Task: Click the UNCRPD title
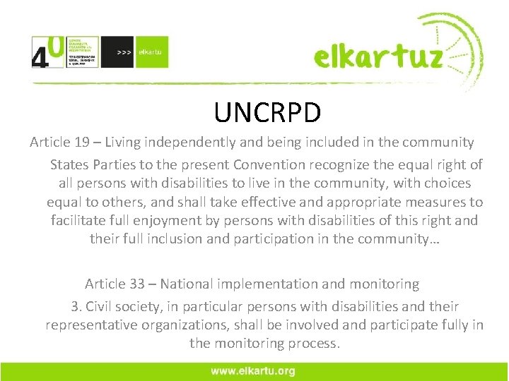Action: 267,112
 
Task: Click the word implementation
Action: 262,284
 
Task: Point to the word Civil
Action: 101,307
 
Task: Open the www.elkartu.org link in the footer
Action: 254,371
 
